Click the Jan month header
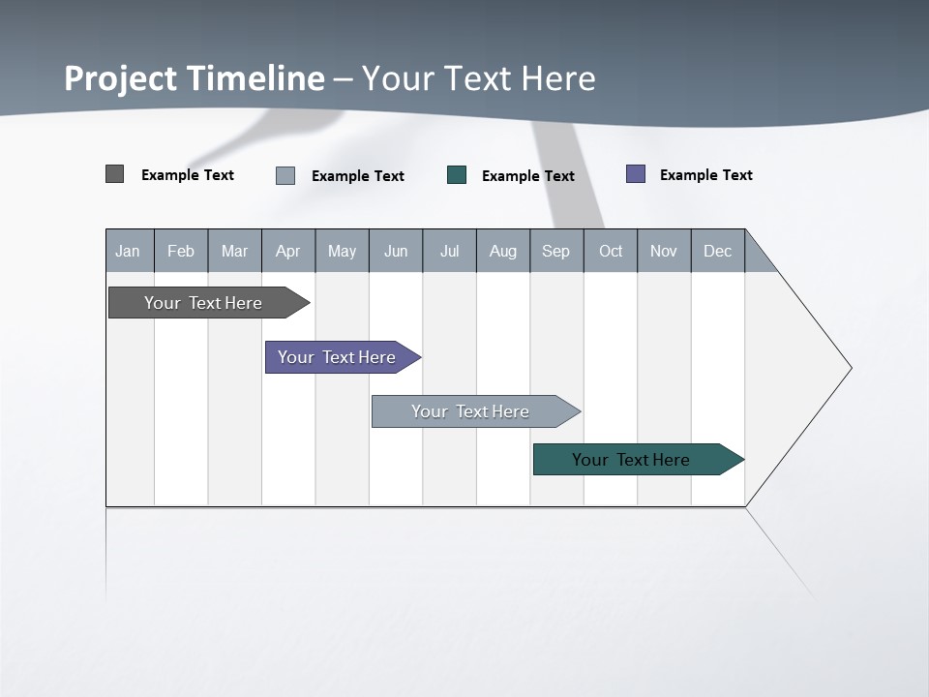pyautogui.click(x=128, y=251)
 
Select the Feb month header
pyautogui.click(x=181, y=251)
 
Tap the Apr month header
pyautogui.click(x=288, y=251)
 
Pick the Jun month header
pyautogui.click(x=396, y=251)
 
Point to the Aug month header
pyautogui.click(x=503, y=251)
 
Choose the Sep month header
pyautogui.click(x=556, y=251)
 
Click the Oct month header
pyautogui.click(x=611, y=251)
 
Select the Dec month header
pyautogui.click(x=718, y=251)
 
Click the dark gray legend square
pyautogui.click(x=115, y=174)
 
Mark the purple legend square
pyautogui.click(x=636, y=174)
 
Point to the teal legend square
pyautogui.click(x=457, y=175)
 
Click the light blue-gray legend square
pyautogui.click(x=285, y=175)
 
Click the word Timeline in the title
pyautogui.click(x=255, y=78)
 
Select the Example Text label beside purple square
pyautogui.click(x=705, y=175)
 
